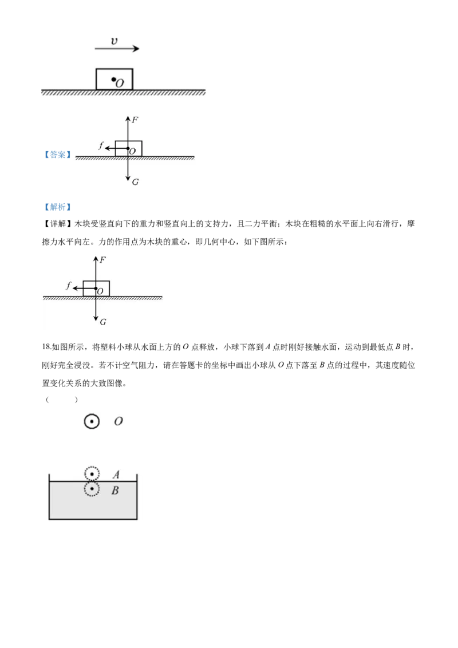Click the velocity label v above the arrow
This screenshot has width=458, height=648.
pyautogui.click(x=114, y=41)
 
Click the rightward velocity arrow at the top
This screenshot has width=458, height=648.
pyautogui.click(x=117, y=49)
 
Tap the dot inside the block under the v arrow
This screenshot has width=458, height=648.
pyautogui.click(x=113, y=80)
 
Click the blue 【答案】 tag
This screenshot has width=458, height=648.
pyautogui.click(x=57, y=155)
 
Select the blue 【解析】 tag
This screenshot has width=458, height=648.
pyautogui.click(x=57, y=207)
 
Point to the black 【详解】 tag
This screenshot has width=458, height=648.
pyautogui.click(x=57, y=224)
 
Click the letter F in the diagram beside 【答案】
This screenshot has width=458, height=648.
pyautogui.click(x=135, y=120)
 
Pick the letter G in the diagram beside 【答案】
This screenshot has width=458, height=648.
pyautogui.click(x=135, y=181)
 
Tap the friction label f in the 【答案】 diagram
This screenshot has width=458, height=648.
pyautogui.click(x=101, y=145)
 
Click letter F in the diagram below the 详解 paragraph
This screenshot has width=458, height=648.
pyautogui.click(x=102, y=259)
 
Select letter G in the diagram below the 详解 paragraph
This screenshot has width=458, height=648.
pyautogui.click(x=103, y=322)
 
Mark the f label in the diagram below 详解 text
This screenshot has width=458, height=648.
pyautogui.click(x=69, y=285)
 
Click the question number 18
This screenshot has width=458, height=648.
pyautogui.click(x=46, y=347)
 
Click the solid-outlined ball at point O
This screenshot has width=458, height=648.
pyautogui.click(x=92, y=421)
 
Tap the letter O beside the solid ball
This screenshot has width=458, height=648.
pyautogui.click(x=119, y=421)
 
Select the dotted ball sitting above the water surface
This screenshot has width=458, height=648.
pyautogui.click(x=92, y=474)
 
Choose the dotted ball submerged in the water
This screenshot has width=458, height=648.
pyautogui.click(x=92, y=489)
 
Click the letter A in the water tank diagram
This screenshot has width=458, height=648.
pyautogui.click(x=116, y=474)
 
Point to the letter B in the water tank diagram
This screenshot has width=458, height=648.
pyautogui.click(x=115, y=491)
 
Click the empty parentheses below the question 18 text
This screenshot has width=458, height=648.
pyautogui.click(x=62, y=400)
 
